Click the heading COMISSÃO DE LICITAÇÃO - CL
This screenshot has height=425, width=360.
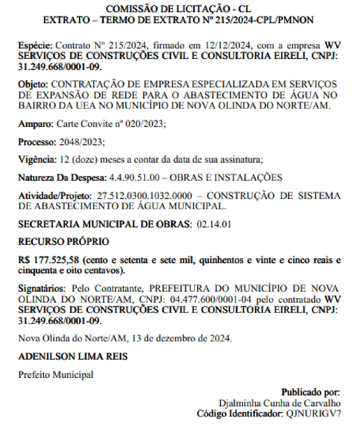[x=178, y=9]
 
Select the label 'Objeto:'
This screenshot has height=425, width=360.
[x=33, y=85]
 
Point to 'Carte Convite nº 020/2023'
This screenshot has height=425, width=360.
[x=111, y=124]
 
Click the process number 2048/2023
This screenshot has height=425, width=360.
[x=82, y=142]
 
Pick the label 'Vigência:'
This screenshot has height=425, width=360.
[x=37, y=159]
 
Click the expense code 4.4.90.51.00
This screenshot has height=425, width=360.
[x=134, y=177]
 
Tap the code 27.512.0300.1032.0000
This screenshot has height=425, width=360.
[x=144, y=196]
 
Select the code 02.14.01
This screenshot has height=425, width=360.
[x=214, y=224]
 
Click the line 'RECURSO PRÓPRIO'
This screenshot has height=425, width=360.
[x=63, y=242]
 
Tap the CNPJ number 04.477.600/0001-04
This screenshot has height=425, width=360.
[x=211, y=299]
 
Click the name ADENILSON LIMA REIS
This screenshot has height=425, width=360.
[x=73, y=356]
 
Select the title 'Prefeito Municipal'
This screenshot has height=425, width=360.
[x=56, y=375]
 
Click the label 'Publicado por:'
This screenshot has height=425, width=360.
[x=310, y=392]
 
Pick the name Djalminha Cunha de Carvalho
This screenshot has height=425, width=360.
[x=280, y=403]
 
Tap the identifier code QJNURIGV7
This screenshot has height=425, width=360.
[x=313, y=413]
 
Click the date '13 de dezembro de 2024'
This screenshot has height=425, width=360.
[x=181, y=338]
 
